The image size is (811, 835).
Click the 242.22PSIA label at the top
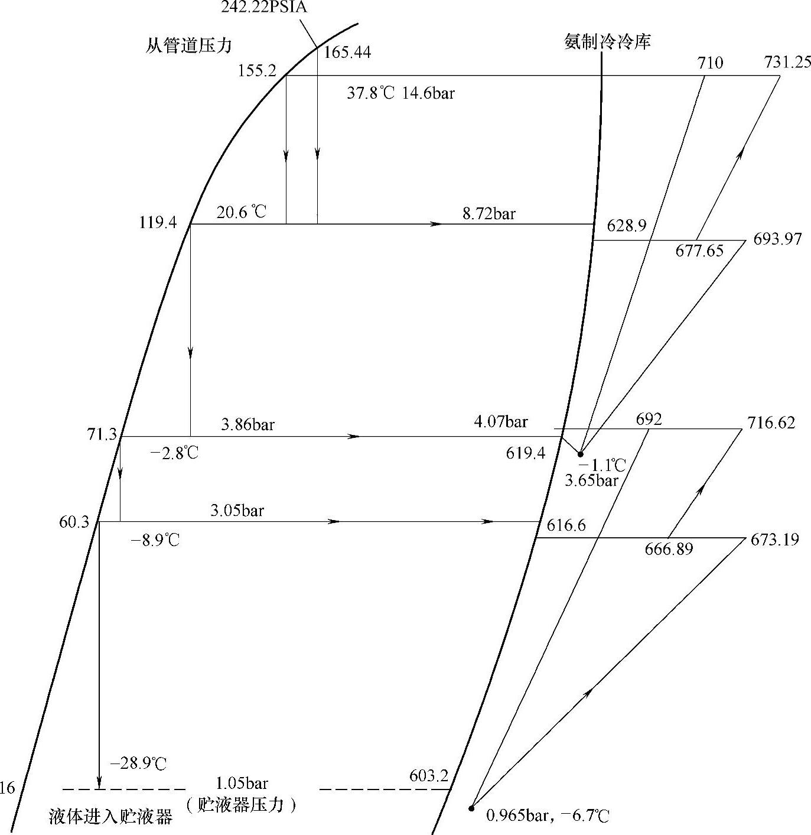(x=264, y=8)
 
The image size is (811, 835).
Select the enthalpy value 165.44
(x=348, y=53)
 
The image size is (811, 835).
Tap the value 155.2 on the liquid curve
(x=257, y=71)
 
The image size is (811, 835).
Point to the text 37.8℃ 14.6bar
(x=400, y=93)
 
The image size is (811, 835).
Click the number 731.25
(x=787, y=62)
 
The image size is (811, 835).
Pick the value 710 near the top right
(x=710, y=63)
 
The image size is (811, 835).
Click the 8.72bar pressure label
(x=488, y=213)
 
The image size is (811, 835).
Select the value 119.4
(x=158, y=223)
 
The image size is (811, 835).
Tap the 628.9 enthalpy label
(x=626, y=225)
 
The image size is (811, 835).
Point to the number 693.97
(x=777, y=239)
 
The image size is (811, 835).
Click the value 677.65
(x=699, y=251)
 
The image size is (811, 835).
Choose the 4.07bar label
(x=500, y=422)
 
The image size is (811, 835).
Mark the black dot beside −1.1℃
(x=580, y=454)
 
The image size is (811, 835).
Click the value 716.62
(x=771, y=423)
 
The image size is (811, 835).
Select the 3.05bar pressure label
(x=237, y=511)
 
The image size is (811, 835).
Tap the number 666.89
(x=669, y=550)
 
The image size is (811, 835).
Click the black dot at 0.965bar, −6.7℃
(x=471, y=808)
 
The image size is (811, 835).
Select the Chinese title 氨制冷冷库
(x=607, y=42)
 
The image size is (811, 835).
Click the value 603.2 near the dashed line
(x=429, y=775)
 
